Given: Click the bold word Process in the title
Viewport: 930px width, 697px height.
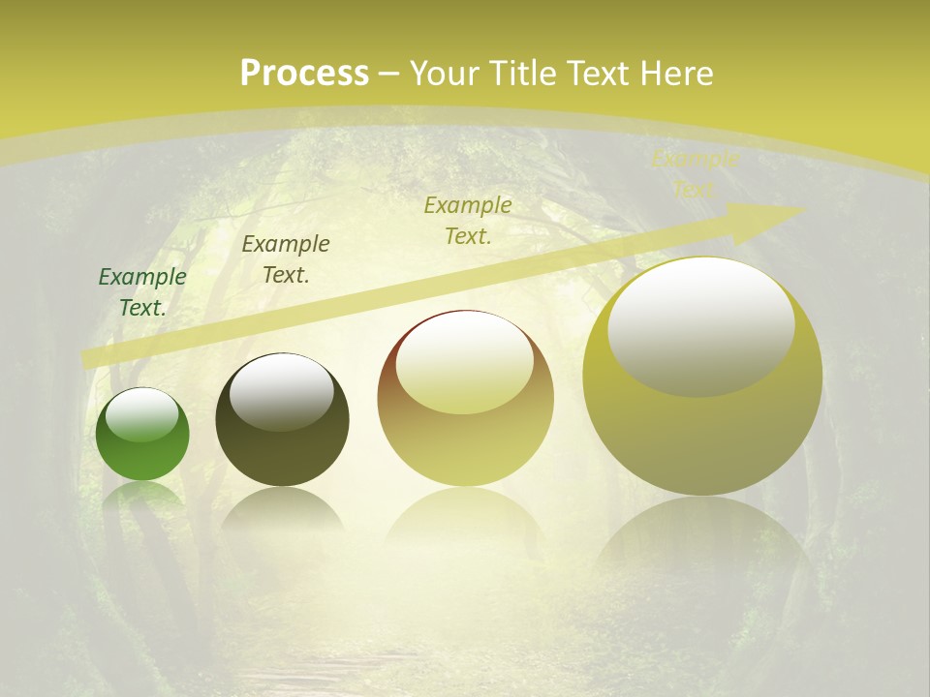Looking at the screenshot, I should pos(304,74).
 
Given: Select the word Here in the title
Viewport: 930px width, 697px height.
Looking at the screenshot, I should pos(675,74).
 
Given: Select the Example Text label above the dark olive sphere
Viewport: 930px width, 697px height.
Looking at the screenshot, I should pos(286,259).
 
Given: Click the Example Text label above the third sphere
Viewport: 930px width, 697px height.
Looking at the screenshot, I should pos(468,221).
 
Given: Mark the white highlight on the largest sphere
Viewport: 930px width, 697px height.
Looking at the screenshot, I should pos(701,325).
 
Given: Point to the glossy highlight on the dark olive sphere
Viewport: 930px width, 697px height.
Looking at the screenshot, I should pos(282,391).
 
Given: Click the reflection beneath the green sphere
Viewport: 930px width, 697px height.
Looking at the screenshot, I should pos(142,497).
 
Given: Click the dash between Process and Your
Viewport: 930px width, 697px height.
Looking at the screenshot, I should pos(389,74).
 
